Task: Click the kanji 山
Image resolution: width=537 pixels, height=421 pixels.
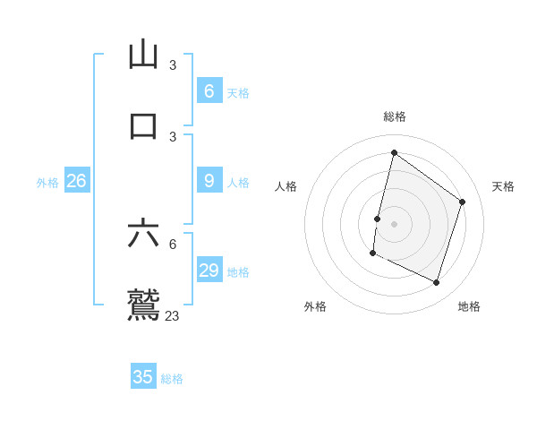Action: tap(143, 56)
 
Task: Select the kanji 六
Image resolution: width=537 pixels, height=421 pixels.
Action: tap(143, 234)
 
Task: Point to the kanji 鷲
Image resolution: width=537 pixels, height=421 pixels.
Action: tap(143, 305)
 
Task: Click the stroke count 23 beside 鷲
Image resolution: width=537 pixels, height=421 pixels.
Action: tap(172, 315)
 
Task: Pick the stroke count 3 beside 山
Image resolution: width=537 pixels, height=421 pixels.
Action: tap(173, 65)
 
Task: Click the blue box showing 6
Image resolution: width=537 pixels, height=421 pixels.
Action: tap(209, 91)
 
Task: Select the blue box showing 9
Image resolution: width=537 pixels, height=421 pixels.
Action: tap(209, 181)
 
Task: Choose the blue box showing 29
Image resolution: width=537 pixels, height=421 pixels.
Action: tap(209, 271)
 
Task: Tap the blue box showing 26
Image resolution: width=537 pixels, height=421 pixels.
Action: tap(76, 181)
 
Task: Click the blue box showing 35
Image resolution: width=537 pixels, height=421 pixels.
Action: tap(143, 377)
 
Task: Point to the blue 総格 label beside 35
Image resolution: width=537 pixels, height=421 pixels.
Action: tap(172, 379)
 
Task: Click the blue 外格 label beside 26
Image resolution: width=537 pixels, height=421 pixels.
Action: tap(47, 183)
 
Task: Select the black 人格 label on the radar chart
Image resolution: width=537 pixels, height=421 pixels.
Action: tap(286, 186)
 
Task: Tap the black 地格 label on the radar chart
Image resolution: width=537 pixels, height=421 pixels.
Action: tap(469, 306)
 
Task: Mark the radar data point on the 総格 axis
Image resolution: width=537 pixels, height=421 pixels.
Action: tap(394, 152)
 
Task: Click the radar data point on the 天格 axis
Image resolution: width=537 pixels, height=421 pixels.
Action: tap(463, 202)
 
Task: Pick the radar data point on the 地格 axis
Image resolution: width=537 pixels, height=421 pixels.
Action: tap(436, 283)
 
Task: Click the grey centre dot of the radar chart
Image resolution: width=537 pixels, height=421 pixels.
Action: tap(394, 223)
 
